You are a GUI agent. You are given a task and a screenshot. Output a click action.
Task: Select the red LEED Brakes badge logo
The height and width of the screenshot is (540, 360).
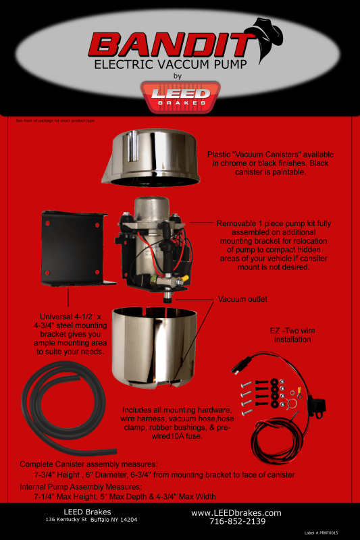point(180,97)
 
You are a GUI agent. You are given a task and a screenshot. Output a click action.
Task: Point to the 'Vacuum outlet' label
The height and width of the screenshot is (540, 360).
point(242,299)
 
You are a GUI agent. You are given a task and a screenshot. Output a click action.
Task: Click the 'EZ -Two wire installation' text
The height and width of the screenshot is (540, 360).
point(292,335)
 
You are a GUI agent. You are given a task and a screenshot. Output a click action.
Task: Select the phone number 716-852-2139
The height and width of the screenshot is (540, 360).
point(237,521)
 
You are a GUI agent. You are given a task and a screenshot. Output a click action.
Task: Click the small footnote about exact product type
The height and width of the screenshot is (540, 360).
point(55,121)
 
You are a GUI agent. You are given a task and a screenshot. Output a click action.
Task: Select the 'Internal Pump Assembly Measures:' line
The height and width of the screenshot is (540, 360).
point(80,486)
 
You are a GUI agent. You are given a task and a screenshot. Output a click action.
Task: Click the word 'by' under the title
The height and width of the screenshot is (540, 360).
point(178,76)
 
